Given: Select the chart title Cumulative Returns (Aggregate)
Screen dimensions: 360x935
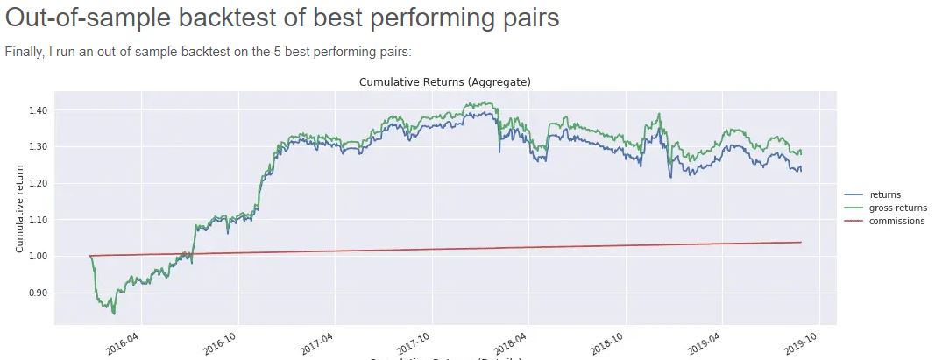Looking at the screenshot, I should tap(446, 81).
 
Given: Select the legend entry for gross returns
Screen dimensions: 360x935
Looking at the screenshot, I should tap(897, 208).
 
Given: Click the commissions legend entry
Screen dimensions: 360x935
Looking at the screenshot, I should tap(896, 221).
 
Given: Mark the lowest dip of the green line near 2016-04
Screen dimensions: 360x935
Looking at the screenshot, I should tap(114, 313).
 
